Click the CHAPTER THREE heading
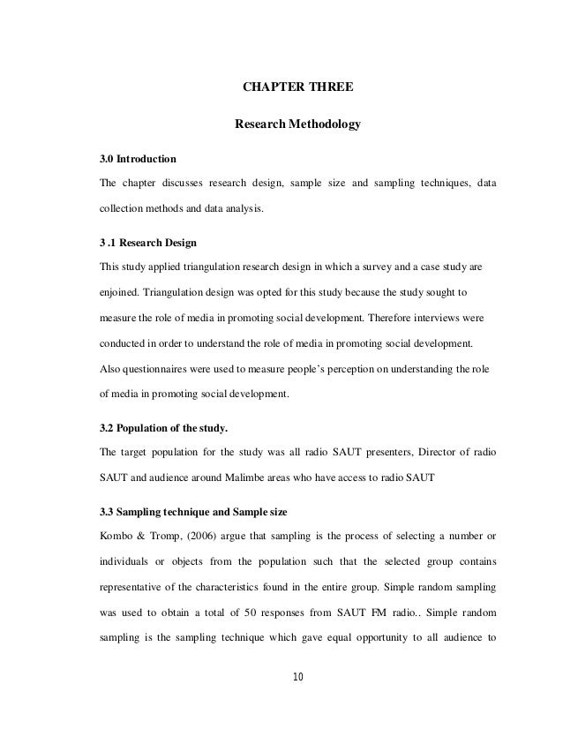[x=297, y=87]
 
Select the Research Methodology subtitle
[x=297, y=125]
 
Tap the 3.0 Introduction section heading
[x=138, y=160]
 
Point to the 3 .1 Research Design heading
[x=147, y=242]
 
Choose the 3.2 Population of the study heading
[x=163, y=429]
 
